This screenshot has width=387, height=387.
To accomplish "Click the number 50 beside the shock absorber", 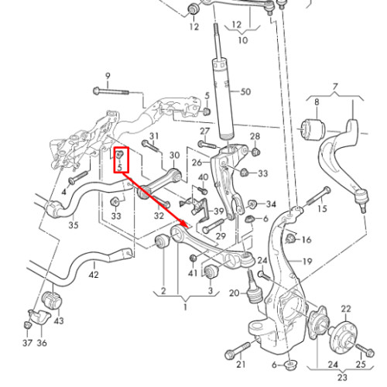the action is click(245, 91).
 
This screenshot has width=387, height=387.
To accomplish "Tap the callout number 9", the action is click(108, 76).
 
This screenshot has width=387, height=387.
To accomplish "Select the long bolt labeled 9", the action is click(111, 91).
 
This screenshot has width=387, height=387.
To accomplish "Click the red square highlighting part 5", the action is click(122, 159).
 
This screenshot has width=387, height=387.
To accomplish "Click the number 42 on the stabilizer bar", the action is click(94, 275).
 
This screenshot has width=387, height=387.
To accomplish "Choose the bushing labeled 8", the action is click(314, 130).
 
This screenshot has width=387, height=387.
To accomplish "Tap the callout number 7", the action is click(335, 87).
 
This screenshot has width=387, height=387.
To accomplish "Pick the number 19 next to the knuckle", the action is click(307, 262).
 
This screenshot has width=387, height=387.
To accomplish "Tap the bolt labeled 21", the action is click(238, 351).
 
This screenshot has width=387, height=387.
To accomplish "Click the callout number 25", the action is click(361, 365).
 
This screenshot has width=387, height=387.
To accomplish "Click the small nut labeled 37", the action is click(27, 324).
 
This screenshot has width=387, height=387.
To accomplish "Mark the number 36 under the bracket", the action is click(42, 343).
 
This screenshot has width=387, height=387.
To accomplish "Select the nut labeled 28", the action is click(255, 152).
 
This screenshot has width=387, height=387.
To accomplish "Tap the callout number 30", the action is click(174, 156).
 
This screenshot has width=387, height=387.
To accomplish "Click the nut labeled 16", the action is click(291, 238).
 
